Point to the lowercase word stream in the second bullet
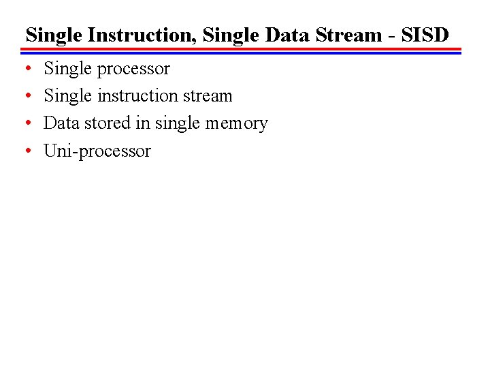tap(211, 96)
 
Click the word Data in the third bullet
tap(61, 123)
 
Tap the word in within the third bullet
tap(147, 123)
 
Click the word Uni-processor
tap(97, 151)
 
